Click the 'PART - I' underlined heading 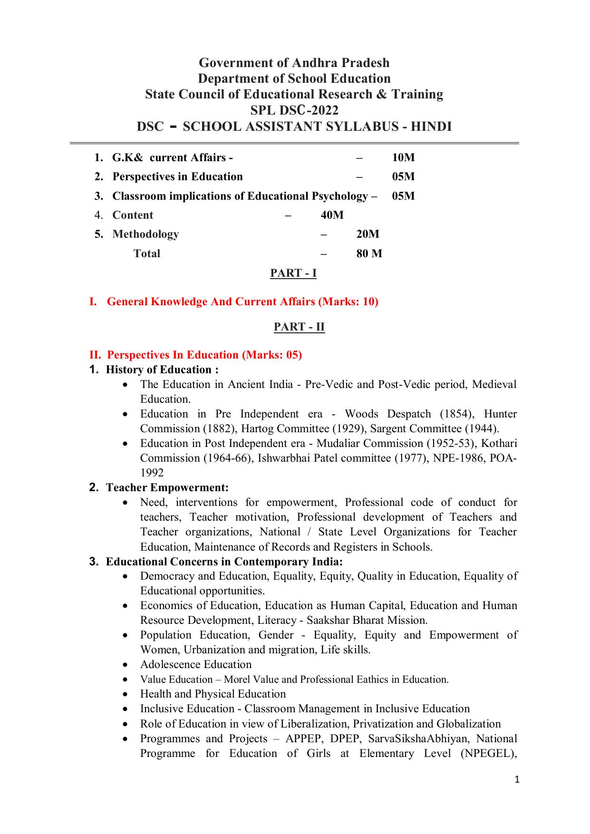293,273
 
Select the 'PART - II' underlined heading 299,327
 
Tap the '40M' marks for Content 332,215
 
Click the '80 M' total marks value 369,253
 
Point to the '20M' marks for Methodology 368,234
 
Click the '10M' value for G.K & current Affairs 403,157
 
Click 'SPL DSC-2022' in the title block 294,110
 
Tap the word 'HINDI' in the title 431,126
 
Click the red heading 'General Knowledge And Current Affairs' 211,301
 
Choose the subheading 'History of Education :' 162,369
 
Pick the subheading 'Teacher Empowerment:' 167,487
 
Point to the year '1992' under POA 152,473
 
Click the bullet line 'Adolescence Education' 195,664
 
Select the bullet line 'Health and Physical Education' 213,694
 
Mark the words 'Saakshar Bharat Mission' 366,620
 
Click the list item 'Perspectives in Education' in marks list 177,176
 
